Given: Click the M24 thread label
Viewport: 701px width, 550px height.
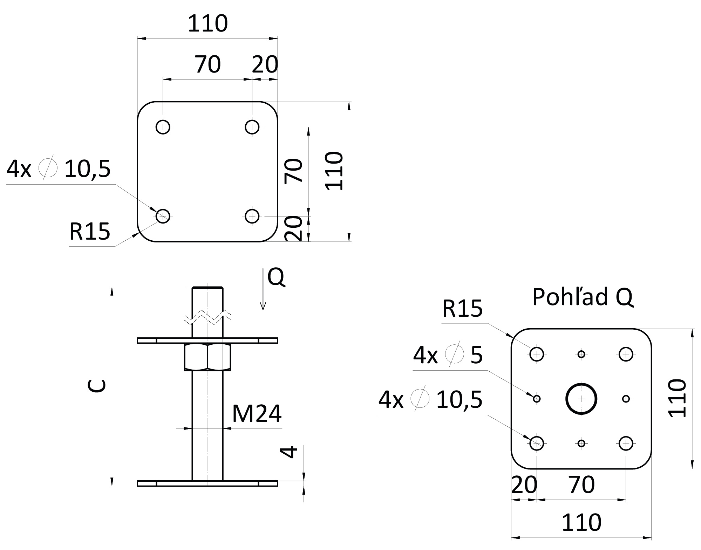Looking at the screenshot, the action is click(x=257, y=414).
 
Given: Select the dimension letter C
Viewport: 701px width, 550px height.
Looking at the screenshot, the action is click(x=97, y=386).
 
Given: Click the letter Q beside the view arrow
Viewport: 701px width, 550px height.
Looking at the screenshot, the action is click(x=276, y=278).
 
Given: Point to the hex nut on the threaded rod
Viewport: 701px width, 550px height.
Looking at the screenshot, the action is click(x=207, y=357).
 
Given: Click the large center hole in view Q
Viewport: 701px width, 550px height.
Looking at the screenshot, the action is click(x=581, y=399).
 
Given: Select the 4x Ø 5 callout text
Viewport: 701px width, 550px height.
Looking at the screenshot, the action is click(x=448, y=355).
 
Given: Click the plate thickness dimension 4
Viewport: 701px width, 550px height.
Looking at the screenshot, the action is click(x=290, y=451).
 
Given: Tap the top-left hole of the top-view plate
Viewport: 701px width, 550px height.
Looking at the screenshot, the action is click(x=163, y=126).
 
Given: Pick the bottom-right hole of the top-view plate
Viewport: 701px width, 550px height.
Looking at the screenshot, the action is click(x=252, y=216).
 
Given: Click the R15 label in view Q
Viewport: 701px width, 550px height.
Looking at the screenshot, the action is click(x=462, y=309).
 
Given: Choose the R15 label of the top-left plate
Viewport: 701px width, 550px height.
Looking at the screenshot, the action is click(x=90, y=232).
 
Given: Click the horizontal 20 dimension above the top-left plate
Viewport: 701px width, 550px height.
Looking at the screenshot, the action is click(x=265, y=64).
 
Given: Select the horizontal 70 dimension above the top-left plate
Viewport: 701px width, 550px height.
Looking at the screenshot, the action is click(x=208, y=64).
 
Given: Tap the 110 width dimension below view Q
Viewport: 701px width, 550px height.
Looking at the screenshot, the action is click(x=581, y=523).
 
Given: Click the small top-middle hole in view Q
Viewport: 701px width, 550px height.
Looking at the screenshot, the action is click(x=581, y=354).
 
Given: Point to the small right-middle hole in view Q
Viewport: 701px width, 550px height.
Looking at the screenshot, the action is click(x=626, y=399).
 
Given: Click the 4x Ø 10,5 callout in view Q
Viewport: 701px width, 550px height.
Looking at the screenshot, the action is click(x=430, y=399).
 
